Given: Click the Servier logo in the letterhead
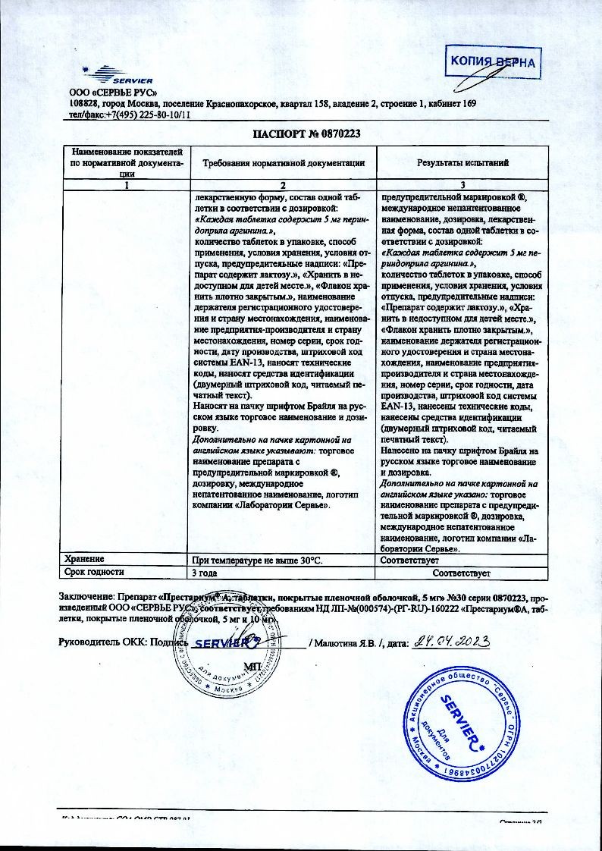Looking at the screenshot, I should (121, 76).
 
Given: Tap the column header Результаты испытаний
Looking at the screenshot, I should (463, 162).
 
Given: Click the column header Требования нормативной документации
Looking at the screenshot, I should (283, 162).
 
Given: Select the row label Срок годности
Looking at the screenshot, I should (94, 572).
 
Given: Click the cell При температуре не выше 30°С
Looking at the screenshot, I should (258, 560).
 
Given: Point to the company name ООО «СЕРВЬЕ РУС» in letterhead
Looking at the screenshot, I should (103, 93).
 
